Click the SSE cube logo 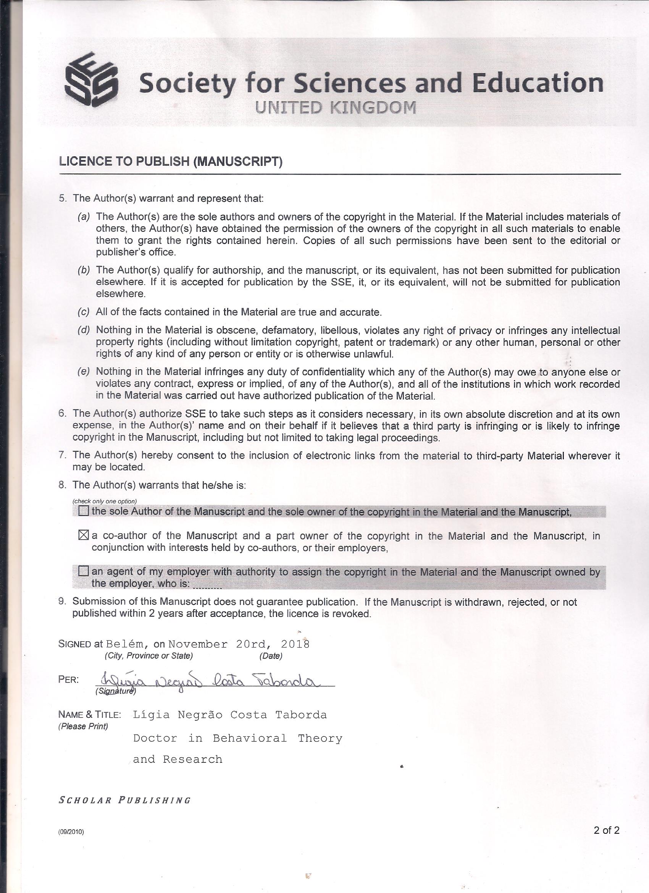tap(92, 80)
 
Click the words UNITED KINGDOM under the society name tap(335, 108)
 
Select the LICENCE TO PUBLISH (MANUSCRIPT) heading tap(171, 162)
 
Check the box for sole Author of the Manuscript tap(84, 511)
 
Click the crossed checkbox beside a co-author tap(84, 535)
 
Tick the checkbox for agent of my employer tap(84, 571)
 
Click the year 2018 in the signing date tap(295, 644)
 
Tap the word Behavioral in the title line tap(250, 738)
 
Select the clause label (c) tap(84, 312)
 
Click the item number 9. tap(62, 601)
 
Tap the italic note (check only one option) tap(104, 501)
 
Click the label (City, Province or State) tap(149, 656)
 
